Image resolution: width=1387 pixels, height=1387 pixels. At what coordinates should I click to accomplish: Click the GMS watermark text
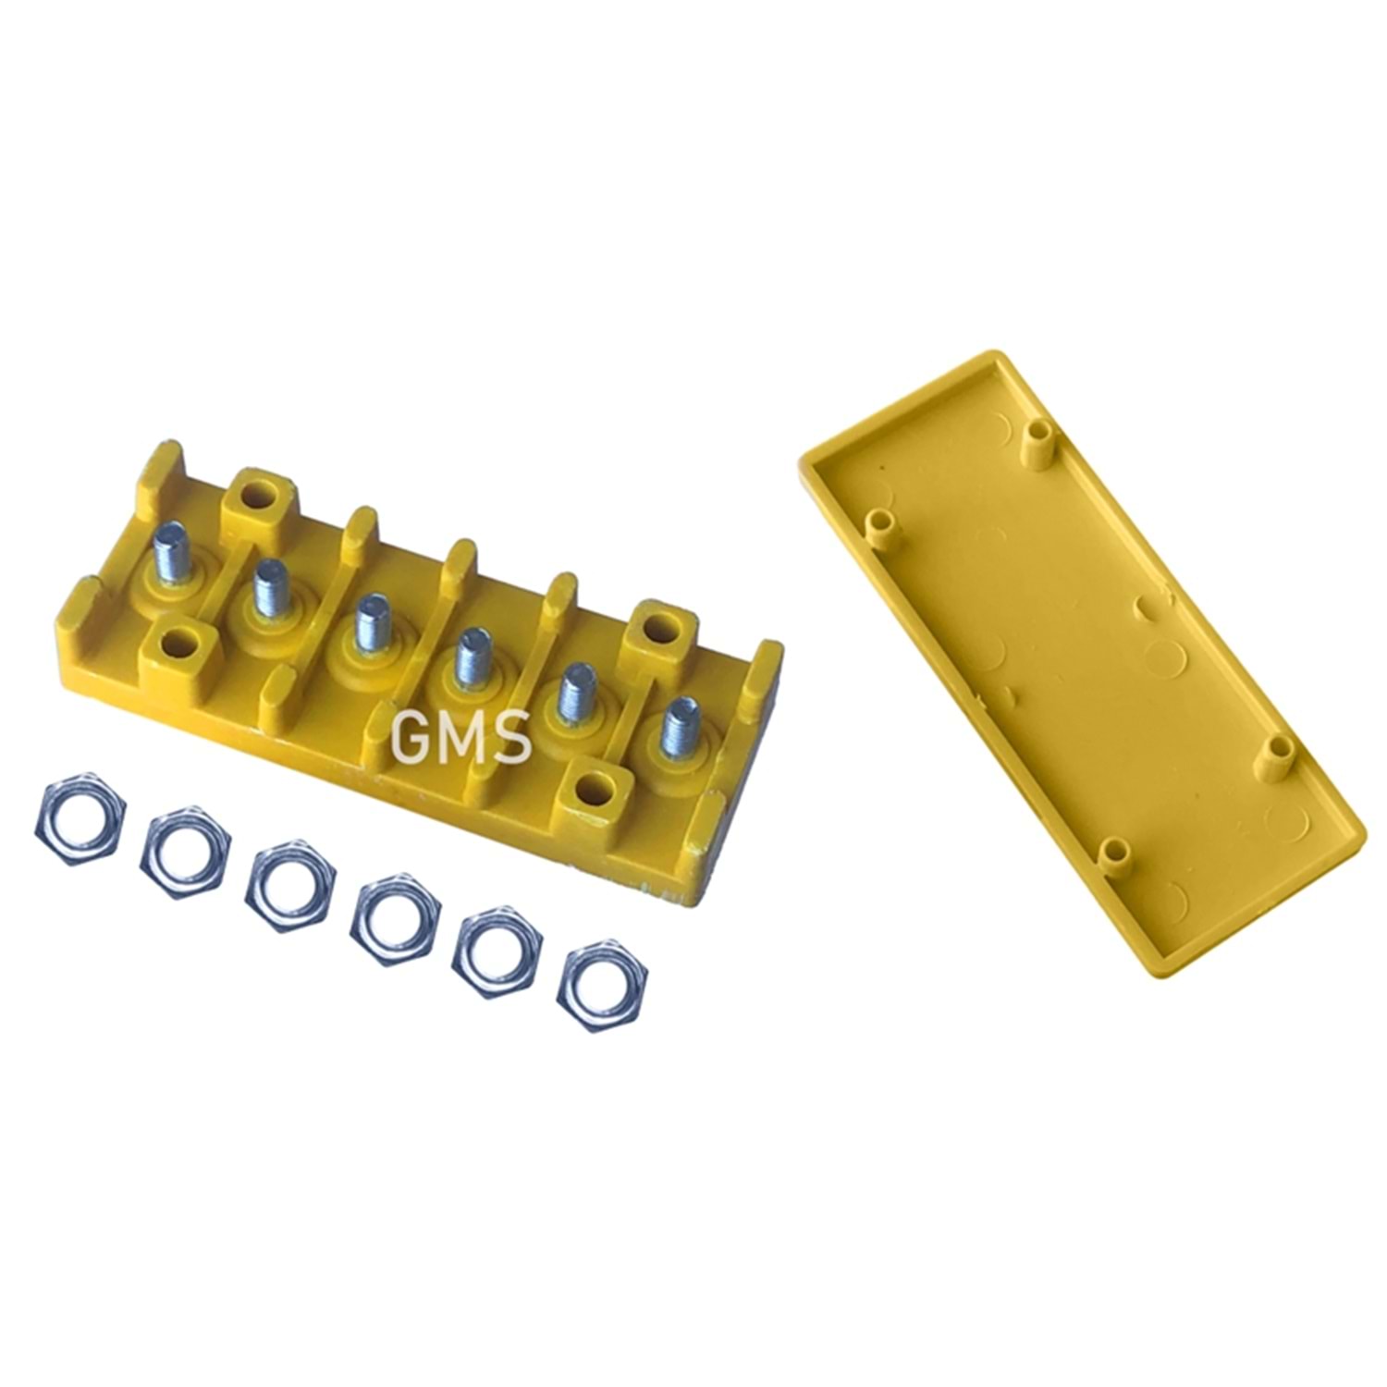coord(461,737)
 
